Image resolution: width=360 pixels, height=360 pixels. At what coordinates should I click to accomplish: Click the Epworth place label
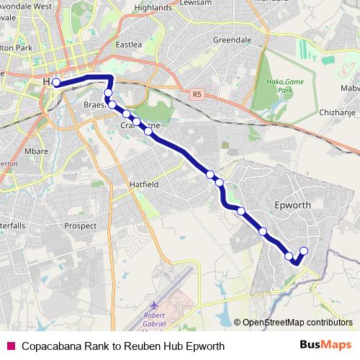click(293, 205)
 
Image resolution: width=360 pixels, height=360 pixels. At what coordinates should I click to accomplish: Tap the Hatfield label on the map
click(143, 184)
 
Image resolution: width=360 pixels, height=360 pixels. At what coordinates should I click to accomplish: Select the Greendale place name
click(232, 40)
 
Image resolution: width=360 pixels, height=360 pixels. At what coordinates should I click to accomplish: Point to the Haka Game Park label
click(277, 86)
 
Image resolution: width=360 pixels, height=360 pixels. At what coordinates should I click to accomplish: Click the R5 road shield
click(197, 94)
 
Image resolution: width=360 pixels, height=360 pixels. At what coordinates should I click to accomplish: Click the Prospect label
click(81, 226)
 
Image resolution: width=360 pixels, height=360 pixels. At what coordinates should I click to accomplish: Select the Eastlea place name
click(129, 45)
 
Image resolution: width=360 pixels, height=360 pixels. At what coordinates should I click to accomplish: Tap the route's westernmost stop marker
click(56, 83)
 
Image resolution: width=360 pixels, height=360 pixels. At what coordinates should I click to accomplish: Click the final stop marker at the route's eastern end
click(303, 251)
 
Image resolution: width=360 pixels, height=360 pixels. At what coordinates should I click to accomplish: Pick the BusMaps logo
click(325, 345)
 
